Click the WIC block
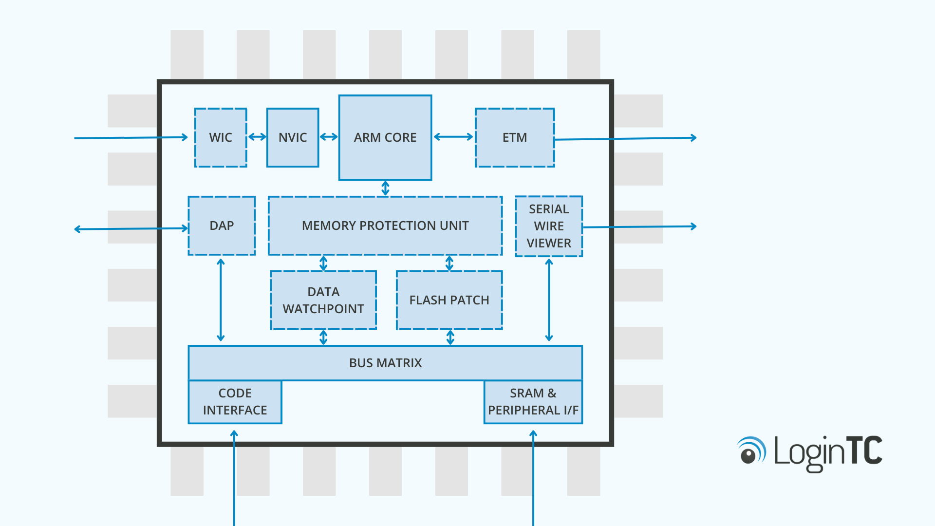coord(221,138)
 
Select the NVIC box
coord(293,138)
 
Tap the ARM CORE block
coord(385,138)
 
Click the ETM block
coord(515,138)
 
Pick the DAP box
coord(222,225)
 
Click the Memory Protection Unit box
coord(385,225)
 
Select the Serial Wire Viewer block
coord(549,226)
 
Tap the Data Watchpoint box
coord(323,300)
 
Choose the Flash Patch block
coord(449,300)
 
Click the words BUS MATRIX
coord(385,363)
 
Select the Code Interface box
coord(235,402)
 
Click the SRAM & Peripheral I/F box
coord(533,402)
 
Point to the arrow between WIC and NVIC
coord(257,137)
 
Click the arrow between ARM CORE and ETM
coord(453,137)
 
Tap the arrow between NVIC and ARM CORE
coord(329,137)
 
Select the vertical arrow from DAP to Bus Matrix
coord(221,300)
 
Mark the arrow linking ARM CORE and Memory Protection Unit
coord(385,188)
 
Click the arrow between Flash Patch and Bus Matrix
coord(450,337)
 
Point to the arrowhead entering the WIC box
coord(185,137)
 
